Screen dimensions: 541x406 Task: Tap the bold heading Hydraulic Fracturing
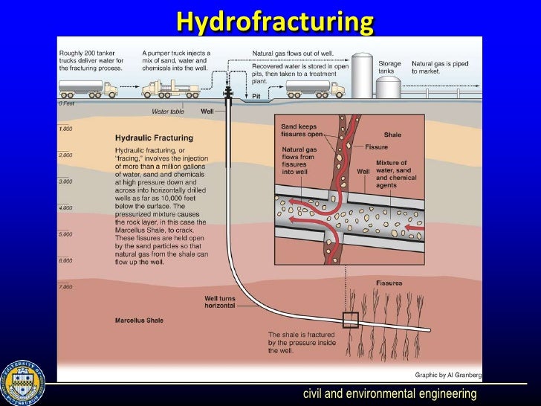154,138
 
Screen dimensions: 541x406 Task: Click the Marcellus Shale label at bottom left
139,321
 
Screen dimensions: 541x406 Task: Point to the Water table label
167,111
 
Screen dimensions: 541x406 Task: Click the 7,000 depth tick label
66,286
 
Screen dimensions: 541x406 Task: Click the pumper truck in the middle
173,88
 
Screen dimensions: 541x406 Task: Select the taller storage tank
362,74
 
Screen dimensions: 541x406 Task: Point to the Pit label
256,97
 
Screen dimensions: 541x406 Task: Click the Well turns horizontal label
221,302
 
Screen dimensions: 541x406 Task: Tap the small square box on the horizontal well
350,320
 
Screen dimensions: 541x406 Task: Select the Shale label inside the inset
392,135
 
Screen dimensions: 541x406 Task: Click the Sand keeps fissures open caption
299,131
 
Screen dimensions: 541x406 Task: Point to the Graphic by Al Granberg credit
448,374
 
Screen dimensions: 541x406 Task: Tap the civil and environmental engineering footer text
389,393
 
